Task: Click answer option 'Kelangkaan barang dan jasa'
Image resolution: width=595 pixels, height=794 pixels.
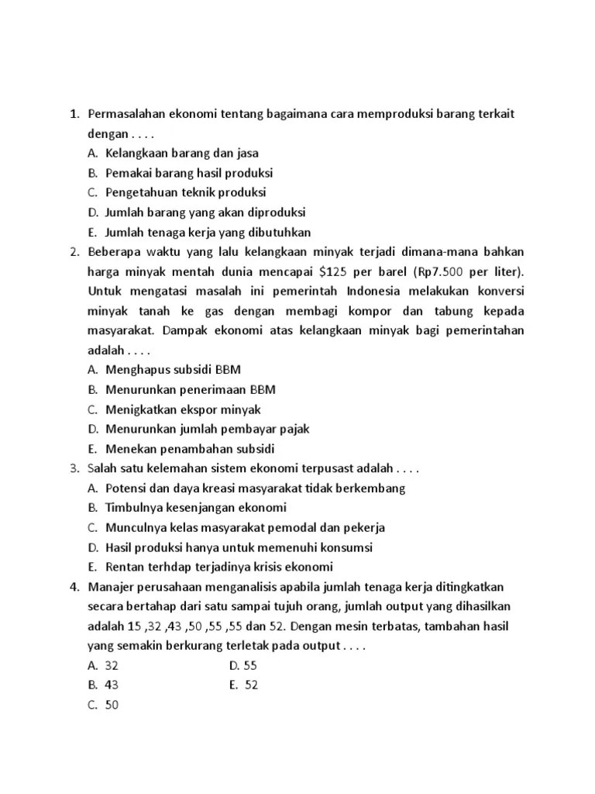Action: click(x=182, y=153)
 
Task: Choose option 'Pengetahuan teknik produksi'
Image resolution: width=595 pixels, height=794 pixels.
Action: click(x=185, y=192)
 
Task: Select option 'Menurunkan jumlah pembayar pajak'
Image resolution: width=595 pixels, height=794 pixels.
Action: click(x=208, y=429)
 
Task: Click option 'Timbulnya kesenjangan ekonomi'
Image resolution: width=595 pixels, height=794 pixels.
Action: click(x=196, y=508)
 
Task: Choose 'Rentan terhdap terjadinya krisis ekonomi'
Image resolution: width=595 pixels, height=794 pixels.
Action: click(x=219, y=567)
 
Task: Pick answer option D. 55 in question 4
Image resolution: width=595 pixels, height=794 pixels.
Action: click(x=249, y=665)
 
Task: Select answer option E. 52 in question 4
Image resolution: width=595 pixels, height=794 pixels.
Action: click(x=249, y=685)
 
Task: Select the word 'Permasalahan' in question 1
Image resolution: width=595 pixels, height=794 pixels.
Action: click(x=127, y=114)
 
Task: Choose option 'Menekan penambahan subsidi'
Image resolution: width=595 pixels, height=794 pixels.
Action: click(x=190, y=449)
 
